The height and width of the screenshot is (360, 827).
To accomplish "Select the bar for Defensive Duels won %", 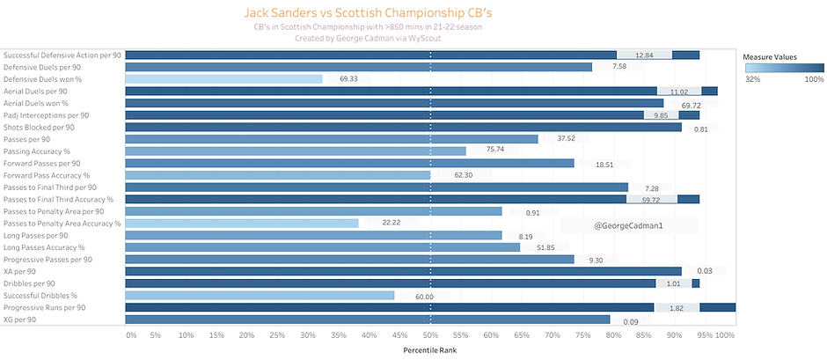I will (x=223, y=78).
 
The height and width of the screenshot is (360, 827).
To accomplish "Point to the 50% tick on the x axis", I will (x=429, y=335).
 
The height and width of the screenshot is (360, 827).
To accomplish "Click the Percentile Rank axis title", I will (x=430, y=350).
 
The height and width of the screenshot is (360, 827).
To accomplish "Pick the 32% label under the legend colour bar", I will (x=752, y=79).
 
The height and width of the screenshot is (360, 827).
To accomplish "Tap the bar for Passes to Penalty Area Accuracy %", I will (x=242, y=224).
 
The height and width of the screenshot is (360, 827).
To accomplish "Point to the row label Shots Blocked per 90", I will (x=40, y=127).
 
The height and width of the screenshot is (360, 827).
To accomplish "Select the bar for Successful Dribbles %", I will (x=260, y=296).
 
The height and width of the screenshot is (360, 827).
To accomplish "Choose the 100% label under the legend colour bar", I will (x=813, y=79).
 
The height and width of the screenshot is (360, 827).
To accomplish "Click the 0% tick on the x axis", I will (x=131, y=335).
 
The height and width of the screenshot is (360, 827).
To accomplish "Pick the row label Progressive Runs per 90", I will (x=45, y=307).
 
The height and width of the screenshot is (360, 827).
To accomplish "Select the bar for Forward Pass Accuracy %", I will (x=278, y=175).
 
